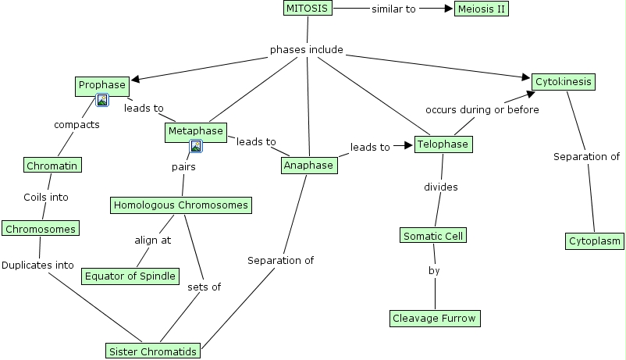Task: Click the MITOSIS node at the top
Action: pyautogui.click(x=308, y=9)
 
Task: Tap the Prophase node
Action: pyautogui.click(x=101, y=85)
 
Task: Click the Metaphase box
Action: pyautogui.click(x=195, y=132)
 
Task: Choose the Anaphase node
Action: pyautogui.click(x=309, y=165)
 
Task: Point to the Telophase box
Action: pyautogui.click(x=443, y=144)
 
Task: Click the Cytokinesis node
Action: pyautogui.click(x=564, y=81)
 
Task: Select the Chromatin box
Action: pyautogui.click(x=52, y=166)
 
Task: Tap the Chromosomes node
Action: pyautogui.click(x=40, y=229)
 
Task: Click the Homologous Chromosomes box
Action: pyautogui.click(x=181, y=205)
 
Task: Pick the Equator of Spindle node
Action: pyautogui.click(x=130, y=276)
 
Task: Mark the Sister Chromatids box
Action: pyautogui.click(x=153, y=351)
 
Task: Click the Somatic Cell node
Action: pyautogui.click(x=434, y=235)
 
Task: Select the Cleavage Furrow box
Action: pyautogui.click(x=434, y=318)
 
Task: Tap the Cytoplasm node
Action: pyautogui.click(x=595, y=241)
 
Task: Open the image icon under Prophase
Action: pyautogui.click(x=101, y=100)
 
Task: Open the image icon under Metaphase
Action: pyautogui.click(x=196, y=146)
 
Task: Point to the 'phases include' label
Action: pyautogui.click(x=307, y=50)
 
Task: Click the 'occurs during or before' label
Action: pyautogui.click(x=482, y=110)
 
